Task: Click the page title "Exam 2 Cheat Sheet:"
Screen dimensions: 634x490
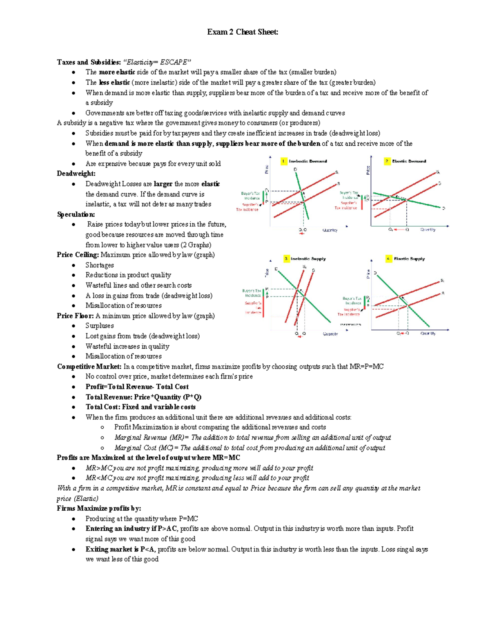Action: coord(243,32)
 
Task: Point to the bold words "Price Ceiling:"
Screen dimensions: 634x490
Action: coord(78,255)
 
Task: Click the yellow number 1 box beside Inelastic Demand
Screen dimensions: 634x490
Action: coord(284,161)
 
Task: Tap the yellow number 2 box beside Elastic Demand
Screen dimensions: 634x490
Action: coord(387,161)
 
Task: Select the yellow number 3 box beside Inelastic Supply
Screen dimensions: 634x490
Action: coord(286,258)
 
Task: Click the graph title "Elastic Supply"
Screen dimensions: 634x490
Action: coord(409,258)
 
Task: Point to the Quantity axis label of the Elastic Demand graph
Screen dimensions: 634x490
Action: coord(428,230)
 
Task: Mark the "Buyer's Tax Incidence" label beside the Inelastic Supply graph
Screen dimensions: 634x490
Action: coord(253,293)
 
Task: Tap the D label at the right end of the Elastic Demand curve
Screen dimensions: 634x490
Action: coord(443,208)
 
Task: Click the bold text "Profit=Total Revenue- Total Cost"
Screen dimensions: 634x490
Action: coord(137,387)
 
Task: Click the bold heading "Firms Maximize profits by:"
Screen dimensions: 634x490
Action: coord(99,508)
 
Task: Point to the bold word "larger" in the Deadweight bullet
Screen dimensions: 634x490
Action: coord(163,184)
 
